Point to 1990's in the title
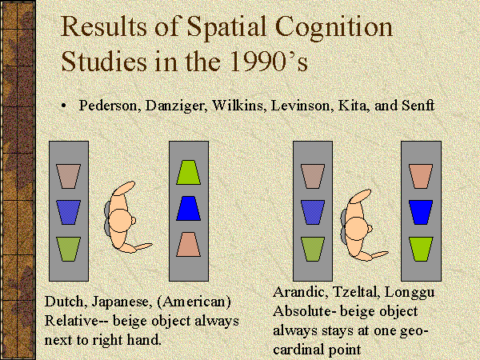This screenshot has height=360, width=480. pos(268,61)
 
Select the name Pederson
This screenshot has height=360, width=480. pos(110,106)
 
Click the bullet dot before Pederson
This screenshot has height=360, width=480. pos(64,106)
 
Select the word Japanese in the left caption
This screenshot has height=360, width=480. pos(122,302)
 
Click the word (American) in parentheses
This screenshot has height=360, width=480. pos(194,302)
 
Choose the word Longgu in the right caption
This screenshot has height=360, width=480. pos(410,292)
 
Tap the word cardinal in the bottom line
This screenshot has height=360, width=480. pos(316,350)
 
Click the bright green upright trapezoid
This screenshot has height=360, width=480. pos(189,172)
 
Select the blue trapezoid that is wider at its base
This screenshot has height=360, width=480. pos(189,209)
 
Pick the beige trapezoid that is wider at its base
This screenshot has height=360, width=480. pos(189,244)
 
